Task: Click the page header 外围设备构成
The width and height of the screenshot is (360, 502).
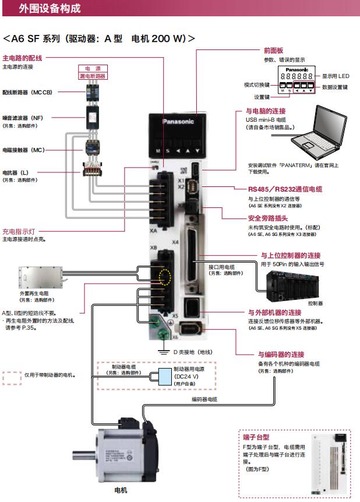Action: click(x=50, y=8)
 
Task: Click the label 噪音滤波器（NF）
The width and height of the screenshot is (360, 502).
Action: click(x=23, y=118)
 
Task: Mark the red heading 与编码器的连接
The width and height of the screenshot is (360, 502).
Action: click(x=281, y=353)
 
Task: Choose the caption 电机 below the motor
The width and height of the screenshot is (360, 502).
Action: click(x=121, y=490)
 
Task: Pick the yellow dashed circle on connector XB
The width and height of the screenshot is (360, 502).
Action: click(x=166, y=278)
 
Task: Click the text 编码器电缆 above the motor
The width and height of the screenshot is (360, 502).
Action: click(x=204, y=399)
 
